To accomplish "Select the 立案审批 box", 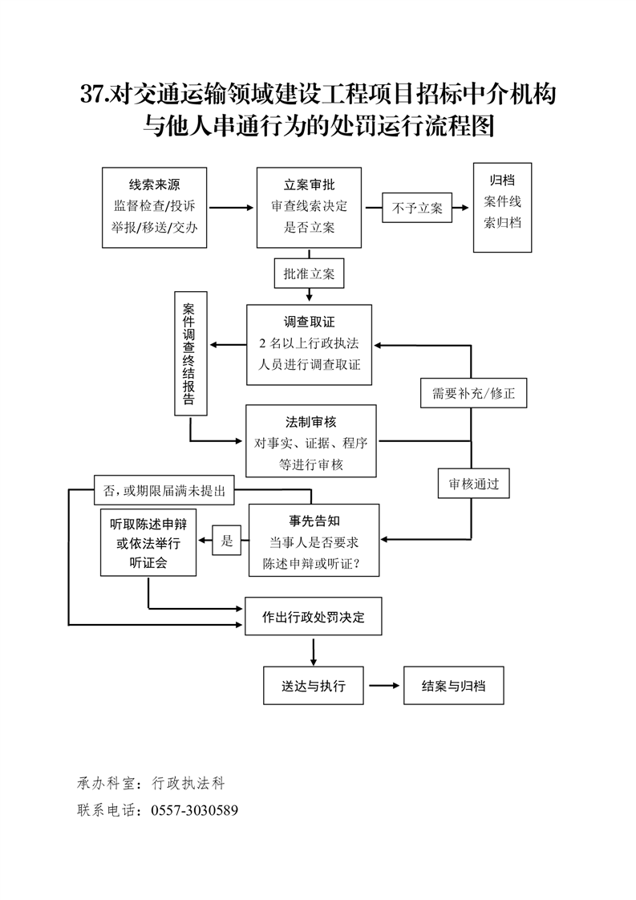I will point(309,207).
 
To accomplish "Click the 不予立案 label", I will point(417,208).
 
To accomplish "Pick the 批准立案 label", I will point(309,274).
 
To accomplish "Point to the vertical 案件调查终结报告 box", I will point(190,354).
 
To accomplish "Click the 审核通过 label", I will point(473,484).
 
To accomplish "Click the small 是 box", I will point(227,541).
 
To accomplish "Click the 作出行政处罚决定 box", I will point(313,618).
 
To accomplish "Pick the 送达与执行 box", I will point(314,686).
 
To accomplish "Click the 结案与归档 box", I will point(453,686).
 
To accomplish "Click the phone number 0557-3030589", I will point(194,810).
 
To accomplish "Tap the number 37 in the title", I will point(94,95).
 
